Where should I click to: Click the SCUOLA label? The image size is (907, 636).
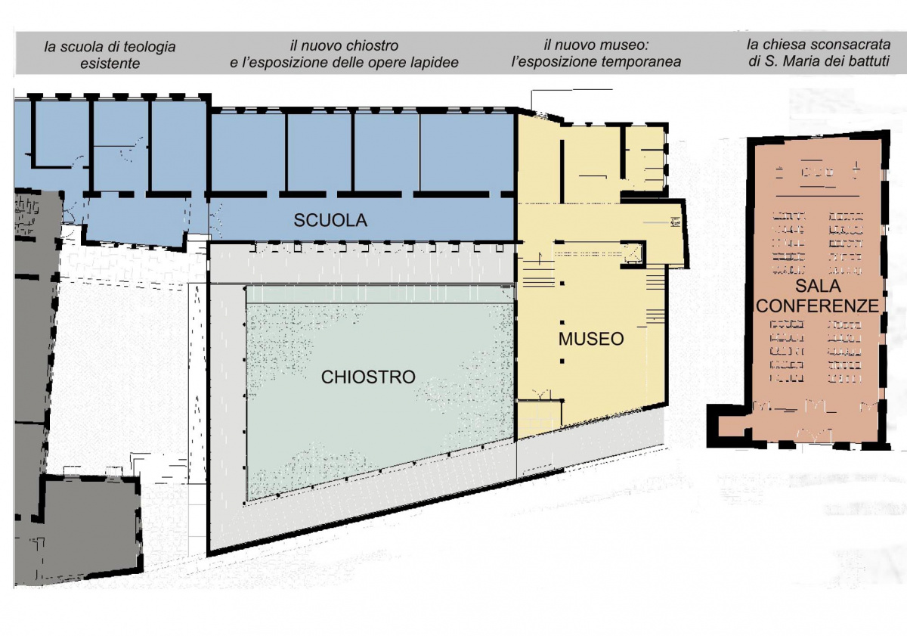[x=330, y=220]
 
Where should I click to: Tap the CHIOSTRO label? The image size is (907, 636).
[x=368, y=377]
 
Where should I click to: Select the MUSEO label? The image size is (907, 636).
[x=591, y=339]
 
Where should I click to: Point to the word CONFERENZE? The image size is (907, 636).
[x=817, y=306]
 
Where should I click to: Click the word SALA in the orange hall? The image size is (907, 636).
[x=819, y=287]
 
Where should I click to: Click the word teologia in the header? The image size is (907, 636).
[x=150, y=48]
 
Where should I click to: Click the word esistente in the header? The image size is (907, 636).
[x=110, y=64]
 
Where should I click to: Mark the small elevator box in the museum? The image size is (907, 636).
[x=632, y=254]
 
